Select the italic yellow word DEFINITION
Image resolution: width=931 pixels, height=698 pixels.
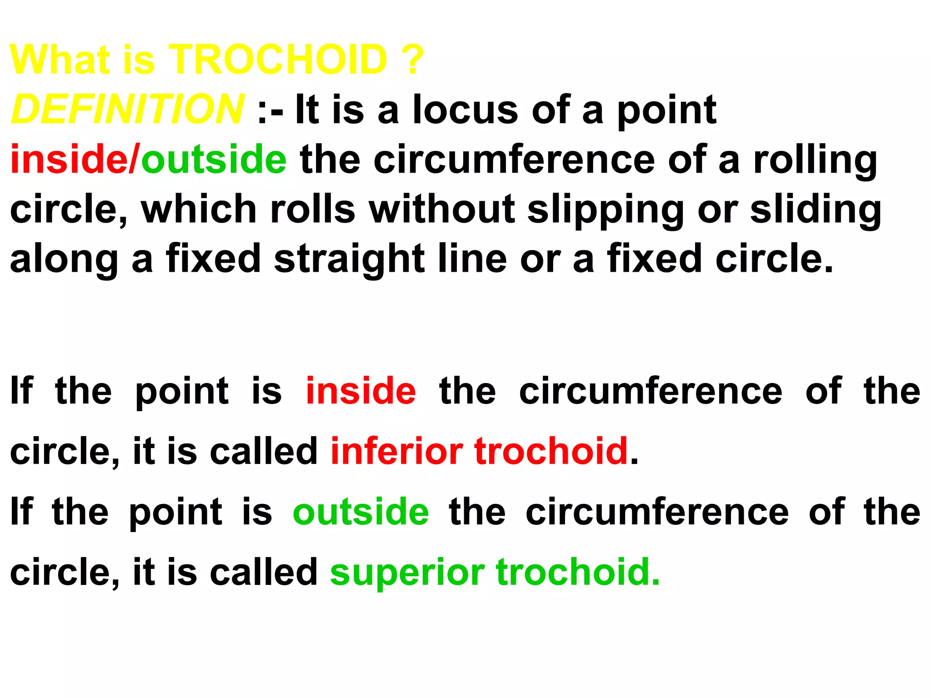(x=127, y=109)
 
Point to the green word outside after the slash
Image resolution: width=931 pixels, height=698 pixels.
(x=214, y=159)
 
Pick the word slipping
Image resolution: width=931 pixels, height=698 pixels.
(x=606, y=210)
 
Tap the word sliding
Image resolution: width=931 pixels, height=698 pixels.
(x=816, y=210)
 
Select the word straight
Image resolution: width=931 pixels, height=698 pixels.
(x=349, y=259)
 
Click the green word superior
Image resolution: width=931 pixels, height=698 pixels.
(x=407, y=573)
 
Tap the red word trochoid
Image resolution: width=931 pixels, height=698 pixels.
(x=551, y=451)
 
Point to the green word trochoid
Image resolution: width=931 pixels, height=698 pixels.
(x=577, y=572)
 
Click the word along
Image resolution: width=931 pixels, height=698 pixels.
(x=64, y=259)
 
